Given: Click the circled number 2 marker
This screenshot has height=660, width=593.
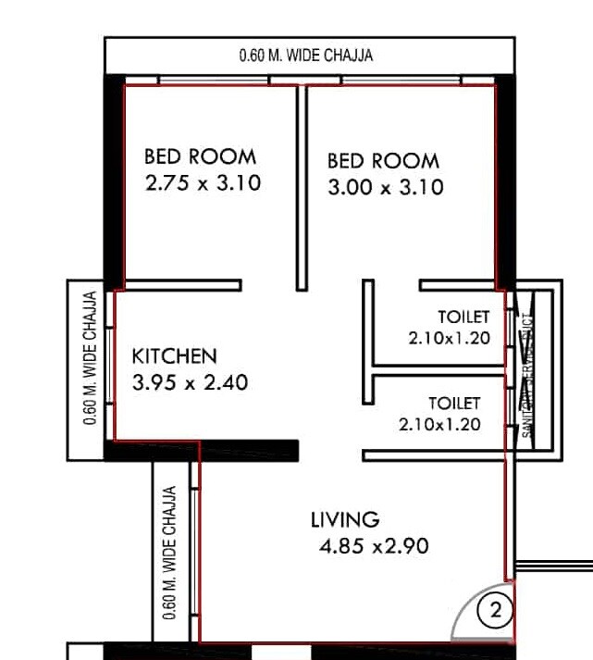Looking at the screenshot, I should pyautogui.click(x=496, y=611).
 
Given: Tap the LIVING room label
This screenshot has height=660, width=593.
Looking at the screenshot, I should pyautogui.click(x=344, y=519).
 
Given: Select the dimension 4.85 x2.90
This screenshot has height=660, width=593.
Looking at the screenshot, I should pyautogui.click(x=374, y=546).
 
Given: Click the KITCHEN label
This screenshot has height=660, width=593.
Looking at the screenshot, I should pyautogui.click(x=174, y=356).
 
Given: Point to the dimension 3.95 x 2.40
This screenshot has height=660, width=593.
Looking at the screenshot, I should pyautogui.click(x=190, y=381).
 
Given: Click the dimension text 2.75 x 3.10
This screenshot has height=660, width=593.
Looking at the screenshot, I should pyautogui.click(x=203, y=183).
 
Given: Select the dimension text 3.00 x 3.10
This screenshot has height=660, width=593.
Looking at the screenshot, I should pyautogui.click(x=385, y=187).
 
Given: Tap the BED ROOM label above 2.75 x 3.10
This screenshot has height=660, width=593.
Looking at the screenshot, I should pyautogui.click(x=200, y=156).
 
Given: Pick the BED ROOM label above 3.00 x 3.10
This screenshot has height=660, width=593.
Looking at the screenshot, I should pyautogui.click(x=383, y=161).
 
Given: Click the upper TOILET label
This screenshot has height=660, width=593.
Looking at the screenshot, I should pyautogui.click(x=463, y=318).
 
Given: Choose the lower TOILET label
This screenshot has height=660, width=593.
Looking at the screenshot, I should pyautogui.click(x=454, y=404).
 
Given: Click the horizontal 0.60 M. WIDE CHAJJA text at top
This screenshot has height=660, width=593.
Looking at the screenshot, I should pyautogui.click(x=306, y=56).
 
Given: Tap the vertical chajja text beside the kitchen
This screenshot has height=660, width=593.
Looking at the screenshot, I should pyautogui.click(x=91, y=357).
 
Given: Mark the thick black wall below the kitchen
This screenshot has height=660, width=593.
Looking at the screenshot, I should pyautogui.click(x=204, y=451).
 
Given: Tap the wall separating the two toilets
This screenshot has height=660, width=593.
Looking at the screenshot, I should pyautogui.click(x=435, y=367).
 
